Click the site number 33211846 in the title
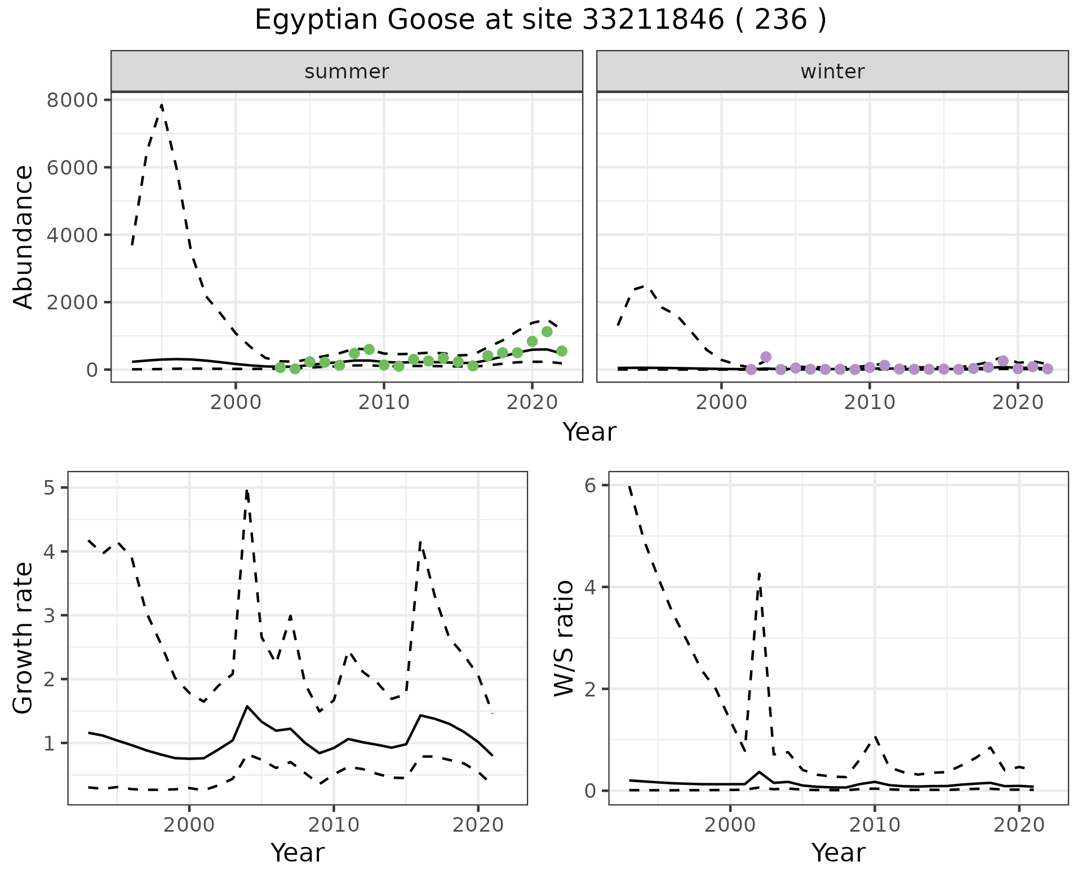pos(653,20)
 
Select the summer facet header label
pos(347,72)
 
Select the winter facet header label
pos(832,72)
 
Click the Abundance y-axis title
pos(24,237)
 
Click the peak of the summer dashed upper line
pos(162,105)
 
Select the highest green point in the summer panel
pos(547,331)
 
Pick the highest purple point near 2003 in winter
pos(765,357)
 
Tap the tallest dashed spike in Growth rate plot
pos(247,490)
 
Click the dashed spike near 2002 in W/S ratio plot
pos(760,574)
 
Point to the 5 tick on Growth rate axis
pos(49,487)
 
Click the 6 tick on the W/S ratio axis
pos(591,485)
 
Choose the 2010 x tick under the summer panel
pos(384,402)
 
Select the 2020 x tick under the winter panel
pos(1017,402)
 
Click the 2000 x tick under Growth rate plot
pos(189,825)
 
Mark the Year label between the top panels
pos(589,432)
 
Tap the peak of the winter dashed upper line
pos(647,286)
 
